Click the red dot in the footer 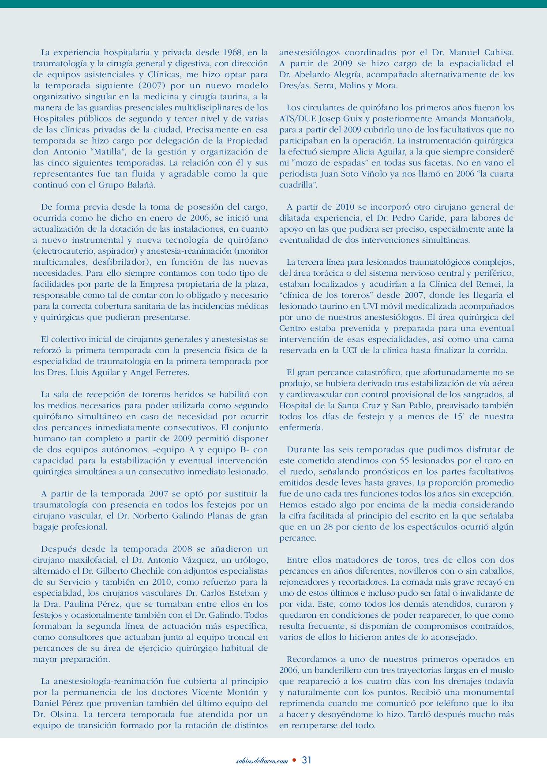[x=295, y=760]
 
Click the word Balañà [x=141, y=185]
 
